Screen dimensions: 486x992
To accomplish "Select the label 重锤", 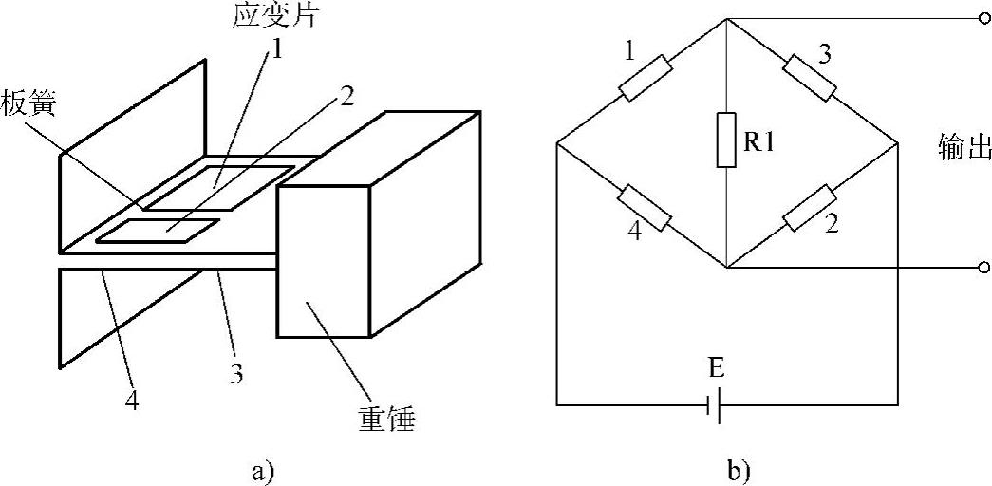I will (385, 418).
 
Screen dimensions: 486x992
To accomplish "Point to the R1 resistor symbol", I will (726, 140).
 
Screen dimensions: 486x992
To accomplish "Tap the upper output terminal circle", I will (983, 18).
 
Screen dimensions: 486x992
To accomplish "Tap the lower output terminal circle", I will (983, 269).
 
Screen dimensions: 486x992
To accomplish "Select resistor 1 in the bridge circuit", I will (646, 80).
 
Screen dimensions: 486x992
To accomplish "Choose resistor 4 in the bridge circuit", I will (646, 208).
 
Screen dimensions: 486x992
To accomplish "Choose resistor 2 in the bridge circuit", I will (810, 208).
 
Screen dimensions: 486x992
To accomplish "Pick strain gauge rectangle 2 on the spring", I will (157, 230).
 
